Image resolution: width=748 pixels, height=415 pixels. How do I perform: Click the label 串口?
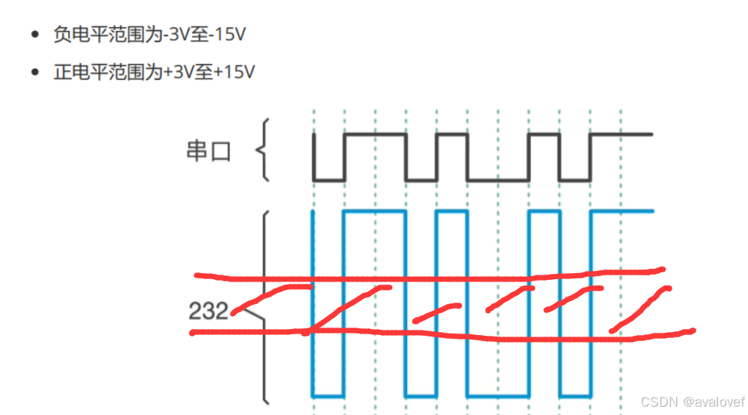[x=207, y=152]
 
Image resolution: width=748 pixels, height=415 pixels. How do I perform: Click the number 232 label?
[x=209, y=310]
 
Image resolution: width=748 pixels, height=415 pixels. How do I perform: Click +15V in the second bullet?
[x=231, y=72]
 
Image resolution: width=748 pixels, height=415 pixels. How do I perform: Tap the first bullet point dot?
[x=35, y=35]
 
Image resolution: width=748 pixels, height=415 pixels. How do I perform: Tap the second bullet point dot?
[x=35, y=73]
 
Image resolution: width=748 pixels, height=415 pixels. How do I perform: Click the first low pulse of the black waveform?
[x=329, y=180]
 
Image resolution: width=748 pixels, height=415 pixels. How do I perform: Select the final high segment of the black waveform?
[x=621, y=134]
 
